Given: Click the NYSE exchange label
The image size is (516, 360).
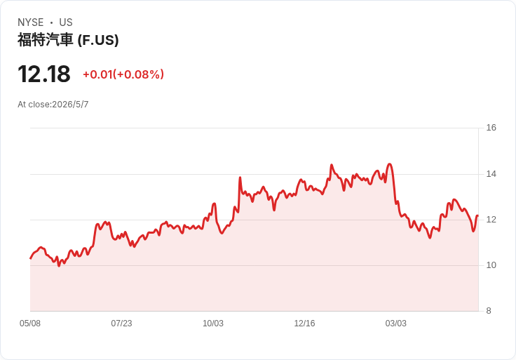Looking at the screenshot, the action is pyautogui.click(x=31, y=22).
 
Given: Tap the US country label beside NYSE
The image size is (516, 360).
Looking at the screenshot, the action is pyautogui.click(x=66, y=22).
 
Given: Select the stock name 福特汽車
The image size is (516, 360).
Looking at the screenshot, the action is pyautogui.click(x=45, y=40).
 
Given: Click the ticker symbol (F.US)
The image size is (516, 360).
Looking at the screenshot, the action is pyautogui.click(x=98, y=40).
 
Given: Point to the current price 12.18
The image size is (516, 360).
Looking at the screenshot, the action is pyautogui.click(x=44, y=74).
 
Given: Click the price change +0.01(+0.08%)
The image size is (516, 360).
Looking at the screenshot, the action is pyautogui.click(x=123, y=74).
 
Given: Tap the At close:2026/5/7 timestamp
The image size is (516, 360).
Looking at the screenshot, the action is pyautogui.click(x=53, y=105).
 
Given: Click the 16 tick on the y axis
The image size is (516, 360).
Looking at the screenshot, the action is pyautogui.click(x=491, y=128).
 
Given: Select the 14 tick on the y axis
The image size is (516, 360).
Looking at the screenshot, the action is pyautogui.click(x=491, y=174).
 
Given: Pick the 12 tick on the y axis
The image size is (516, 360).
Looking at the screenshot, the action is pyautogui.click(x=491, y=220).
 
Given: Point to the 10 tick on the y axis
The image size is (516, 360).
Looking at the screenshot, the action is pyautogui.click(x=491, y=265).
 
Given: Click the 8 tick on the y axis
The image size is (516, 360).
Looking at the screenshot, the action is pyautogui.click(x=489, y=311).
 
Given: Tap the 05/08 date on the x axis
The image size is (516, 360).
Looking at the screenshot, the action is pyautogui.click(x=30, y=324).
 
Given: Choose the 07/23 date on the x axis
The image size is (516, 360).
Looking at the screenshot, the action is pyautogui.click(x=121, y=324).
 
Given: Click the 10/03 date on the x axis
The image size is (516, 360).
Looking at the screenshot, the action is pyautogui.click(x=213, y=324).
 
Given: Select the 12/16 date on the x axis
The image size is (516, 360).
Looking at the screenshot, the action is pyautogui.click(x=304, y=324).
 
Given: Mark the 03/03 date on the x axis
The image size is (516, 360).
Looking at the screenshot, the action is pyautogui.click(x=396, y=324).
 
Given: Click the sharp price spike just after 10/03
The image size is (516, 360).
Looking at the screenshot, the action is pyautogui.click(x=240, y=178).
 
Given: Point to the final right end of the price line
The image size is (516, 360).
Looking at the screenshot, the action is pyautogui.click(x=477, y=215).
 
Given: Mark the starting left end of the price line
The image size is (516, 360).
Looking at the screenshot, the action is pyautogui.click(x=31, y=258).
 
